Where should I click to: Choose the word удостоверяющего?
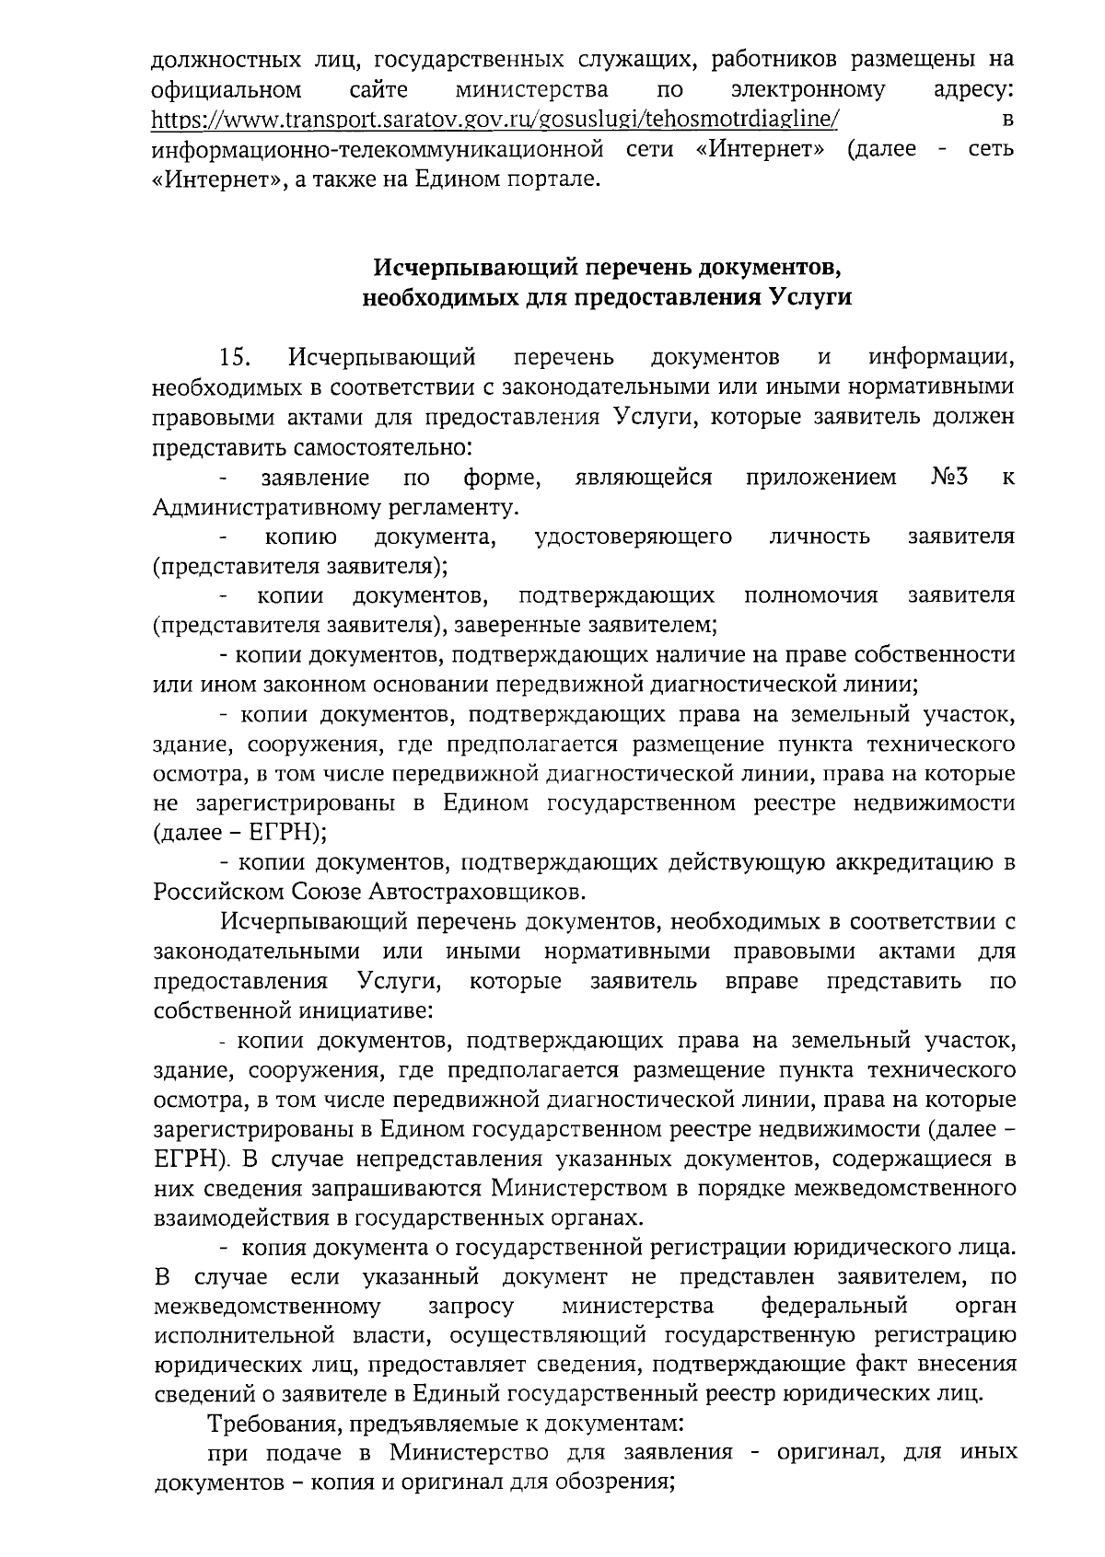click(634, 536)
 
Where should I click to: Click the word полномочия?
click(810, 595)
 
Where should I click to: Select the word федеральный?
click(834, 1307)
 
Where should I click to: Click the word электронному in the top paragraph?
click(808, 90)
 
